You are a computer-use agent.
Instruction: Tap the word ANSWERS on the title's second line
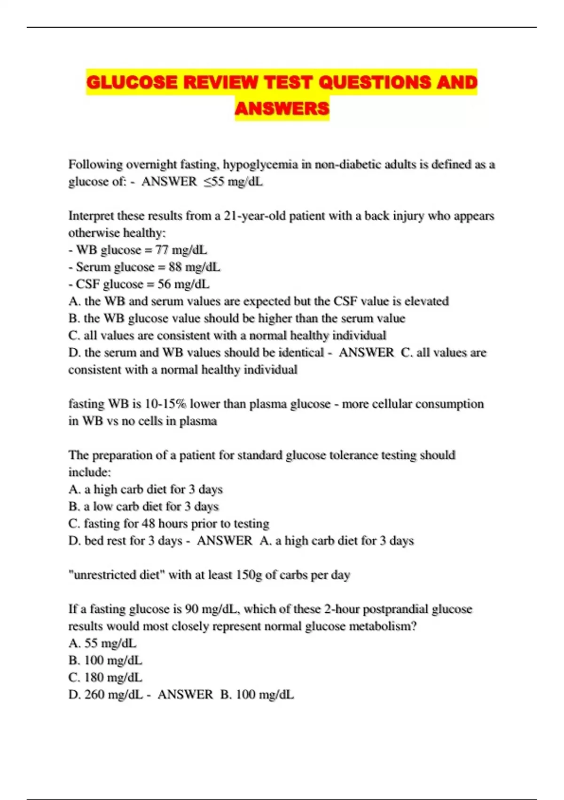click(282, 109)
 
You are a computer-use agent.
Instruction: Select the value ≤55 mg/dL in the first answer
click(233, 182)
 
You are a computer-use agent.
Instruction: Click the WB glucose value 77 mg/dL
click(181, 250)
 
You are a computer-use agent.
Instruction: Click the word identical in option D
click(301, 352)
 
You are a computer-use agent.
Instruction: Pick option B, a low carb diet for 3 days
click(143, 506)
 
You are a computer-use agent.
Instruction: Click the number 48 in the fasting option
click(149, 524)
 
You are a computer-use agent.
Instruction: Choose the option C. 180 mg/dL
click(105, 678)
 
